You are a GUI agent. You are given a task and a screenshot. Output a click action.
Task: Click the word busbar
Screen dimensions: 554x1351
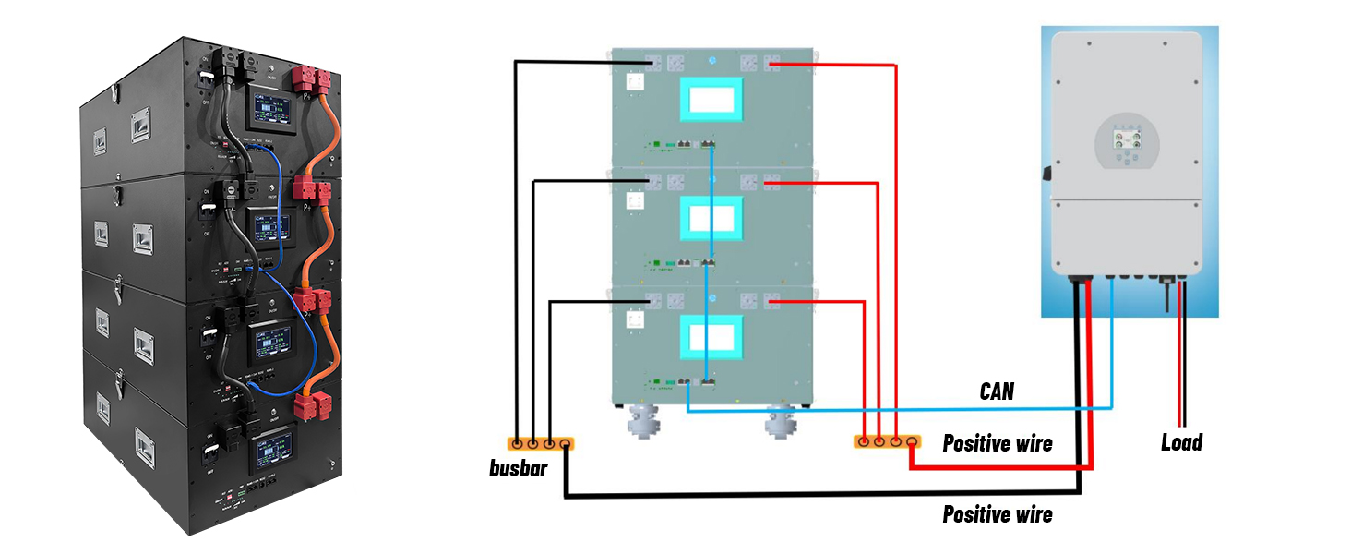pyautogui.click(x=518, y=468)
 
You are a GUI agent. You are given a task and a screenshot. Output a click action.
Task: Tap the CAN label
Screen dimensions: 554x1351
pyautogui.click(x=997, y=392)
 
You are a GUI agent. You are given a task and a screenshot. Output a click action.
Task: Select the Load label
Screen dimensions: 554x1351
pyautogui.click(x=1181, y=443)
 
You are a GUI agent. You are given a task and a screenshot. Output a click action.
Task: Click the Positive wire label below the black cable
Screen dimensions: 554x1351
pyautogui.click(x=997, y=514)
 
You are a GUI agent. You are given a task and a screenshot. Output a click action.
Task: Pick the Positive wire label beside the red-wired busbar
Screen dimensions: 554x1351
pyautogui.click(x=997, y=444)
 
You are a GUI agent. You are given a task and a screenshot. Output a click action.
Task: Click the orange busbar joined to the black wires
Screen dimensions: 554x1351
pyautogui.click(x=541, y=443)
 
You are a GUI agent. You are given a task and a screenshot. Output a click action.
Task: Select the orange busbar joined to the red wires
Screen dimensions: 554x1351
pyautogui.click(x=887, y=442)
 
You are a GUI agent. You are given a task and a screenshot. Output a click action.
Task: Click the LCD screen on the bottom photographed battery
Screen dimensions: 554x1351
pyautogui.click(x=270, y=445)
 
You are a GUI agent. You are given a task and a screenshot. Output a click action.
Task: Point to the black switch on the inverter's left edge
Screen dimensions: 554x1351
pyautogui.click(x=1046, y=173)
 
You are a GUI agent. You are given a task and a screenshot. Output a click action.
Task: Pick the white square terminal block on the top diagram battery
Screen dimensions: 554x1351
pyautogui.click(x=635, y=81)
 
